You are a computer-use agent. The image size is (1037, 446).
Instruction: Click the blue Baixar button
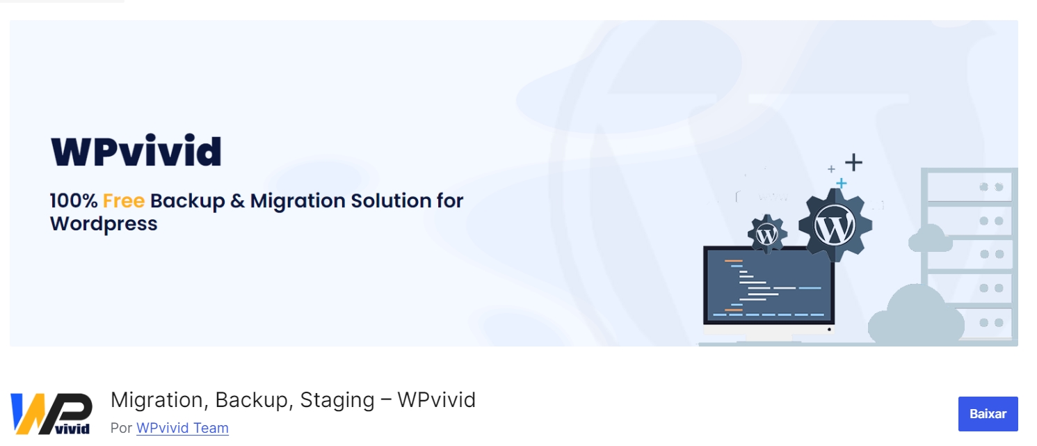pos(988,414)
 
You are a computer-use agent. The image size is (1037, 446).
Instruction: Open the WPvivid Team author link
pos(182,428)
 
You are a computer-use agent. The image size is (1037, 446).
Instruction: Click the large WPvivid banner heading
pos(136,152)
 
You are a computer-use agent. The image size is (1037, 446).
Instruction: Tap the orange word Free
pos(123,201)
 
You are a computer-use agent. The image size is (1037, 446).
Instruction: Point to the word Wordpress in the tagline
pos(104,224)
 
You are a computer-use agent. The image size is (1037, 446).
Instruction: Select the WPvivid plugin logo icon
pos(51,414)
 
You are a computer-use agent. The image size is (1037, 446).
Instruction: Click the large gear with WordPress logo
pos(835,225)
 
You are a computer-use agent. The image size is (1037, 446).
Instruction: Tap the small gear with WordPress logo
pos(767,234)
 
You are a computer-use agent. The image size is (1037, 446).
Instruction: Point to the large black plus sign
pos(853,163)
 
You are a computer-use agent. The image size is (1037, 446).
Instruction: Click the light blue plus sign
pos(841,183)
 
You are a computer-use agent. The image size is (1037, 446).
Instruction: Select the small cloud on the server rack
pos(931,238)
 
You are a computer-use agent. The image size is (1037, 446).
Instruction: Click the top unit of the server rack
pos(968,186)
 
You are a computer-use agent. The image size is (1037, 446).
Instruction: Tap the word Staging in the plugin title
pos(337,401)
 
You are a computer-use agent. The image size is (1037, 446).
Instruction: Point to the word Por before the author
pos(120,428)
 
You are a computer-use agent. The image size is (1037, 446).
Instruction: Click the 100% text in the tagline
pos(74,201)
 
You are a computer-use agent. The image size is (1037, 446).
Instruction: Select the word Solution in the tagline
pos(391,201)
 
